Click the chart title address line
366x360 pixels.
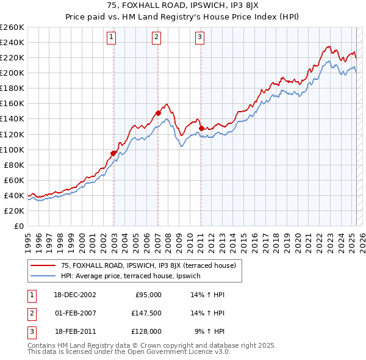[x=182, y=7]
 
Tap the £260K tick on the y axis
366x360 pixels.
[x=13, y=27]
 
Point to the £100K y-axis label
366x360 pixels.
[x=13, y=149]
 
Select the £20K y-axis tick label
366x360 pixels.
[x=15, y=211]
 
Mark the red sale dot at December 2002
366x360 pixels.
[x=113, y=153]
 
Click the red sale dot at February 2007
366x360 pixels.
[x=158, y=113]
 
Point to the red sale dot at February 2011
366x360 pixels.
[x=201, y=128]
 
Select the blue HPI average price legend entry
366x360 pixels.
[x=135, y=276]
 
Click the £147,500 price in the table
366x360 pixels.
[x=147, y=313]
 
